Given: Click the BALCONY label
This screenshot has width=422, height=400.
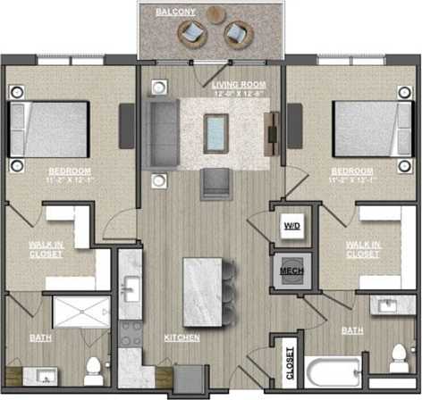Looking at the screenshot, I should pyautogui.click(x=171, y=12).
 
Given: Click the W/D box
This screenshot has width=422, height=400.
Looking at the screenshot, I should pyautogui.click(x=291, y=226).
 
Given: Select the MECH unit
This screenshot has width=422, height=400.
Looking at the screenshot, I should pyautogui.click(x=291, y=271).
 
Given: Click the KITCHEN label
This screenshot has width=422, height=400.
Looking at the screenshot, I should pyautogui.click(x=181, y=338).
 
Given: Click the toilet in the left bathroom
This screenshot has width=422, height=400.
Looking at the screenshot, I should pyautogui.click(x=92, y=369).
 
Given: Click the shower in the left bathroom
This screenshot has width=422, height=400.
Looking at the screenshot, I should pyautogui.click(x=80, y=312).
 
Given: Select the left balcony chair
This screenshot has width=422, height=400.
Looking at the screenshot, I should pyautogui.click(x=191, y=34).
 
